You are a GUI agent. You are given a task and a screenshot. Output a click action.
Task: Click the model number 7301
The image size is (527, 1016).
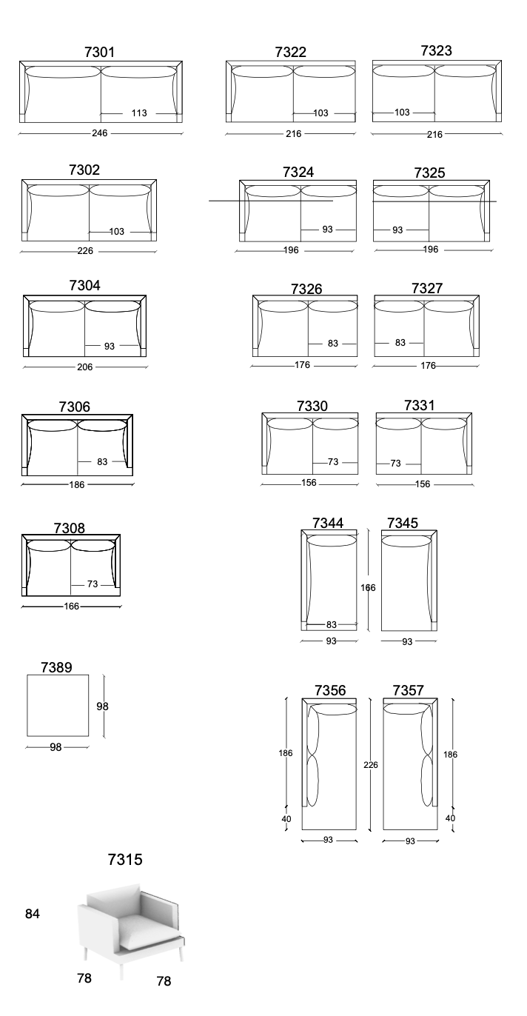point(99,52)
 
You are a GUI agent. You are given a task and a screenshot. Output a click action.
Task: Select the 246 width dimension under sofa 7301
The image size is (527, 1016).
point(100,133)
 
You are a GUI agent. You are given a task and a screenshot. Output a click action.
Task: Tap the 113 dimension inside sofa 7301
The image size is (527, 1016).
point(139,113)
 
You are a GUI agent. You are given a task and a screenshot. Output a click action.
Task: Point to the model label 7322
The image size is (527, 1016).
point(291,52)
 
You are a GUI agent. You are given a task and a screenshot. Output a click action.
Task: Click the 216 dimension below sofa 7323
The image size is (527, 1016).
point(434,134)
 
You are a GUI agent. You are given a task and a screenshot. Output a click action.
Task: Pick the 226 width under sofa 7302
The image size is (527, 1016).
point(85,251)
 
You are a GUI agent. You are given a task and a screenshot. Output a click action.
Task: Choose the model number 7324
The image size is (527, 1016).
point(298,173)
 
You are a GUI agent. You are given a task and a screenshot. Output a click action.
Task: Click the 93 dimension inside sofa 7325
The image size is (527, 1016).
point(397,230)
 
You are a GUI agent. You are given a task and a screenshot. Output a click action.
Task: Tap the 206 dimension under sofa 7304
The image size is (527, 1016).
point(85,367)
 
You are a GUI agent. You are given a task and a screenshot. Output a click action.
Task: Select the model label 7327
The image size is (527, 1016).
point(427,288)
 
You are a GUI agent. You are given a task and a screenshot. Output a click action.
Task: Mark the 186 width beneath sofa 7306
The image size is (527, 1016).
point(77,485)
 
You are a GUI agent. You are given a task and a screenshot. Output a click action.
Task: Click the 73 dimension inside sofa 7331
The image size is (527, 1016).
point(395,463)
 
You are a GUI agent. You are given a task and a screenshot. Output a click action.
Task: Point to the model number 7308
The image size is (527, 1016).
point(70,528)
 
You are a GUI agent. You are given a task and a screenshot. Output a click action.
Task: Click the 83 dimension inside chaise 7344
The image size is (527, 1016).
point(332,624)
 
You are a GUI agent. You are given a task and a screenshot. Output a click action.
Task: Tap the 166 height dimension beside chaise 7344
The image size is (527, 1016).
point(368,588)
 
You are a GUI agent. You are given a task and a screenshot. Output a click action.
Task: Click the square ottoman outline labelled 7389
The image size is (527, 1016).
point(58,675)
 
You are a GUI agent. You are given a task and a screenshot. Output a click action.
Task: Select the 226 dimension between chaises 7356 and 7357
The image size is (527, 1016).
point(371,765)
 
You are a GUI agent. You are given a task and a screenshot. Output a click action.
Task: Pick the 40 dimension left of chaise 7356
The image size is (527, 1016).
point(286,819)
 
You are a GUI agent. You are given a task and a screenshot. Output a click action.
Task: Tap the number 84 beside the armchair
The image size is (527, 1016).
point(33,914)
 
